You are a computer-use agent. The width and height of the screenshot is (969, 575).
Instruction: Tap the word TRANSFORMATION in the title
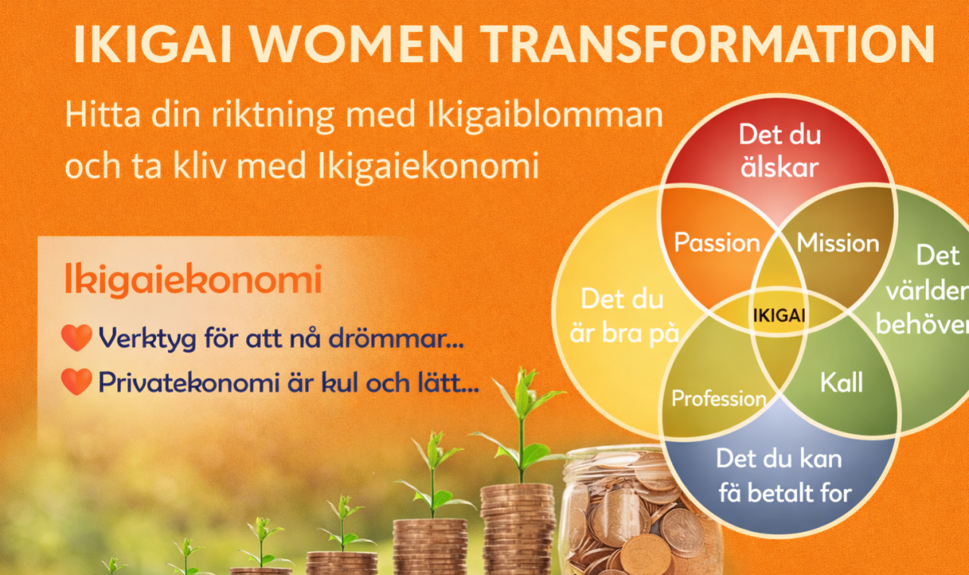709,45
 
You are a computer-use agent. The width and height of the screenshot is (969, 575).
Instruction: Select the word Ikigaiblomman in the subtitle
545,115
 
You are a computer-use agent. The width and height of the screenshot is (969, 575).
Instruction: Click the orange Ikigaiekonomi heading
193,280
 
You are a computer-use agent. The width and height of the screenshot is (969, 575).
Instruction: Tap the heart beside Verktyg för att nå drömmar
76,337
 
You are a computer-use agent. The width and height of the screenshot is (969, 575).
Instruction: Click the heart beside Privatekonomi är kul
76,382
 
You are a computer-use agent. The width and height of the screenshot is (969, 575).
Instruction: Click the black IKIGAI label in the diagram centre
779,316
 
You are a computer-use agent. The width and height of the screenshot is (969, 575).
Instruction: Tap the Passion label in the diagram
717,242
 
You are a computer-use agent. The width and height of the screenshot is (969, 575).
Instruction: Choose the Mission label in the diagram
838,242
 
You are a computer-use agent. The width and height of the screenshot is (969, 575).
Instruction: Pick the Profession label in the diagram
718,398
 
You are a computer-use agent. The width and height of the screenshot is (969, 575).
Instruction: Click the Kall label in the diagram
841,383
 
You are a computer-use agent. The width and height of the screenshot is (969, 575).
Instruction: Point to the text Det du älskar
780,151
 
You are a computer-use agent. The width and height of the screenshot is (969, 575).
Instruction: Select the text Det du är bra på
623,317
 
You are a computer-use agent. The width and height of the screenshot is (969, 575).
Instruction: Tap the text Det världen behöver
921,290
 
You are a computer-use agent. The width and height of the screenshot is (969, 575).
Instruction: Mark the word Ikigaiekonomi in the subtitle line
428,166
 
